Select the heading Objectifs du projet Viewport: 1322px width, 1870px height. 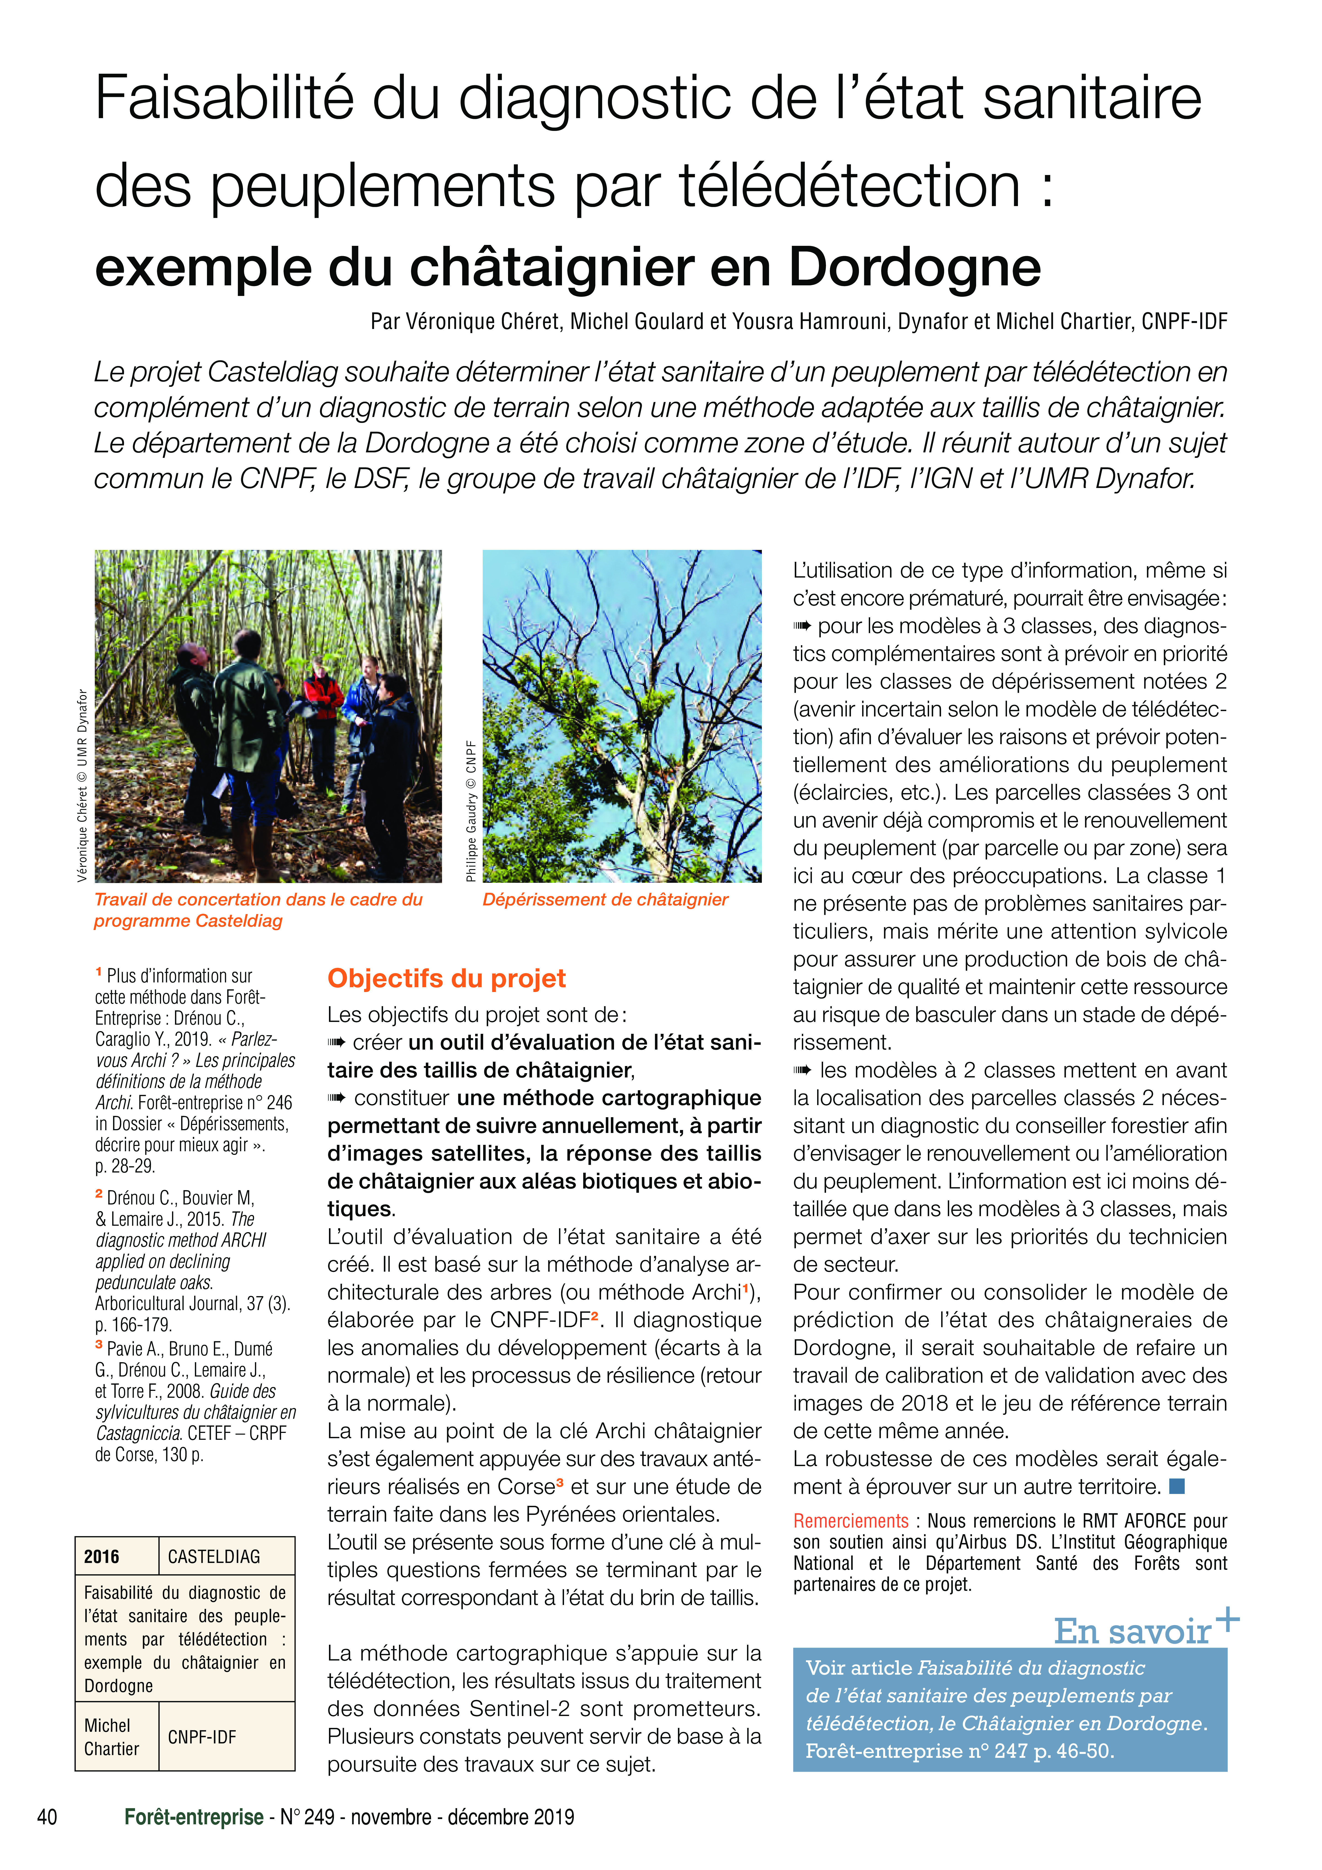446,978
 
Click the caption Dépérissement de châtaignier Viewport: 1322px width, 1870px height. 605,899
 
